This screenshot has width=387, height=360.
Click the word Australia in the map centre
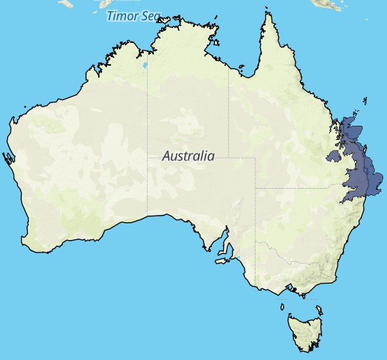(x=188, y=156)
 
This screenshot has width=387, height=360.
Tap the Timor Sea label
(x=131, y=16)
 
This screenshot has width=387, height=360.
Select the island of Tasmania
(x=305, y=331)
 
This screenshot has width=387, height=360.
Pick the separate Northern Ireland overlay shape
(x=333, y=155)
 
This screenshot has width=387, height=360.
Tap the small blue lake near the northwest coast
(x=144, y=65)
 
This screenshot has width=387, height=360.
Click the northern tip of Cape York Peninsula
(x=267, y=11)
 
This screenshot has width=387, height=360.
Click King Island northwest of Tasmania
(x=283, y=306)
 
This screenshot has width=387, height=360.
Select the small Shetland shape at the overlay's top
(x=364, y=100)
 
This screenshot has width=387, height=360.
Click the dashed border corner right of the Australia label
(x=255, y=158)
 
